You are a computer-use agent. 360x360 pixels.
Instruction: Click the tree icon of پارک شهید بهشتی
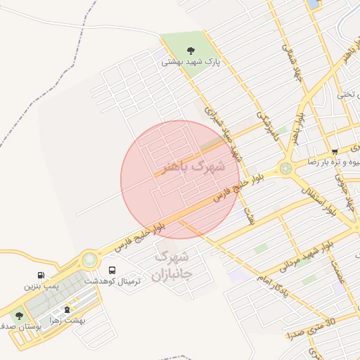click(x=191, y=51)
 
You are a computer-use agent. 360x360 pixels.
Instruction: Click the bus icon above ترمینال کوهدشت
click(x=112, y=270)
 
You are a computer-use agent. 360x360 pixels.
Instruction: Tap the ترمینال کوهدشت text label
click(x=112, y=281)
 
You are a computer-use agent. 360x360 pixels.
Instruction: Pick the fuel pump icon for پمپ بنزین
click(x=39, y=276)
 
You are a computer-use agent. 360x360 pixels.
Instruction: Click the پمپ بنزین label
click(x=40, y=286)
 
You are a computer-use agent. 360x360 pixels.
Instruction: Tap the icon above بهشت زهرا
click(x=67, y=309)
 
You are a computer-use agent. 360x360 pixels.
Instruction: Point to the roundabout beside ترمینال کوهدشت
click(x=89, y=260)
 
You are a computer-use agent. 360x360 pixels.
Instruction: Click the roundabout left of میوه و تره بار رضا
click(x=285, y=168)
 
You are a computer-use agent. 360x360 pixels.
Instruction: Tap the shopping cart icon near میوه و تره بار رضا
click(x=335, y=151)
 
